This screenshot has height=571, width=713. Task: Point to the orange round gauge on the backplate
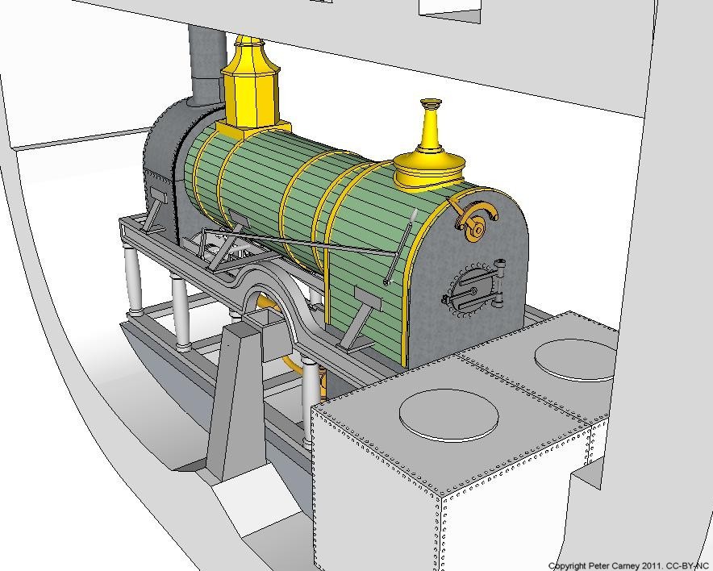477,223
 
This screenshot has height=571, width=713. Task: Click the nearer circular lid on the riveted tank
448,415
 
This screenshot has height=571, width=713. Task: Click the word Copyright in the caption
566,566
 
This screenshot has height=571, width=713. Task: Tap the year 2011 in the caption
650,566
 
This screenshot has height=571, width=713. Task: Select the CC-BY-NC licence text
686,566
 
